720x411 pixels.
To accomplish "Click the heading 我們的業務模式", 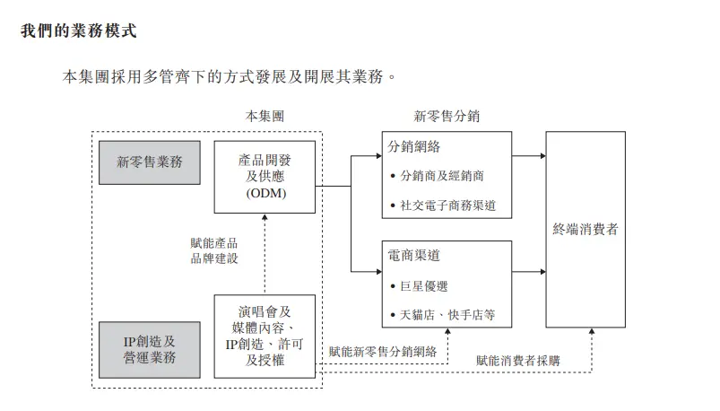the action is click(79, 31).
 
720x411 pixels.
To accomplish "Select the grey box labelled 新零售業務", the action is click(150, 162).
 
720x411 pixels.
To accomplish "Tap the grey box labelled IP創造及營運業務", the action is click(150, 350).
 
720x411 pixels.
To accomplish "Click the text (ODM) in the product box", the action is click(266, 193).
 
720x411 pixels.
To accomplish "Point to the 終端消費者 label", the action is click(586, 229).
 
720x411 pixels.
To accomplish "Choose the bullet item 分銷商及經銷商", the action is click(442, 176).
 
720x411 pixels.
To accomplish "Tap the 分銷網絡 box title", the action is click(413, 146).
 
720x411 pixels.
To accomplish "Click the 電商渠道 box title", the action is click(413, 255).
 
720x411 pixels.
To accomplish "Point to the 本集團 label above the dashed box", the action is click(265, 117).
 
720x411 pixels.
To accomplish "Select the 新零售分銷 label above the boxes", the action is click(447, 117).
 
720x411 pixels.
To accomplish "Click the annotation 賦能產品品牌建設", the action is click(214, 250).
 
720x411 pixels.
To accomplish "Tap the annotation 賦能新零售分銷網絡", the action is click(383, 352).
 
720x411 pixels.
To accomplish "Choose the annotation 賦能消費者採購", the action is click(518, 361).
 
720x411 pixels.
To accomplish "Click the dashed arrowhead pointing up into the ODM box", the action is click(265, 217).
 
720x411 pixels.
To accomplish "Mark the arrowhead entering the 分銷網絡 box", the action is click(378, 156).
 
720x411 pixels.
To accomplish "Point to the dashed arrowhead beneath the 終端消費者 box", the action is click(592, 331).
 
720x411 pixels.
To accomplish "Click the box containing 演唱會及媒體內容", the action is click(265, 337).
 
